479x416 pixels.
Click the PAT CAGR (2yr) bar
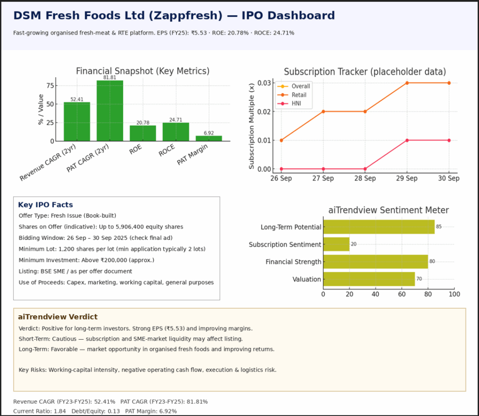(x=110, y=111)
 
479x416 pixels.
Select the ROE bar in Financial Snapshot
(x=143, y=133)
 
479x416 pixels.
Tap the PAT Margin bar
(x=209, y=138)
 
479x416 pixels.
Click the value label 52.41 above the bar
(x=77, y=99)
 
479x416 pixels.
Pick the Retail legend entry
(x=299, y=95)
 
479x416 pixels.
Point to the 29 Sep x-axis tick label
(x=406, y=178)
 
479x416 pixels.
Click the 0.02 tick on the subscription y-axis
(x=264, y=111)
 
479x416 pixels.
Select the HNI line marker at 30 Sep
(x=449, y=140)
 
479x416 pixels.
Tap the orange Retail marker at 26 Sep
(x=281, y=140)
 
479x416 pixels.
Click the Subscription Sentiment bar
(x=336, y=244)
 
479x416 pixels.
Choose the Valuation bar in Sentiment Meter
(x=369, y=279)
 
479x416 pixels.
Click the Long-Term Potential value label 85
(x=439, y=227)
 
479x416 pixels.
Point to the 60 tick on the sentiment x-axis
(x=401, y=294)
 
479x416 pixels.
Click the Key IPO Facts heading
(x=45, y=205)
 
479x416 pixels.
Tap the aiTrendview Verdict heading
(x=58, y=317)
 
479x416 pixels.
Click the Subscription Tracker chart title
(x=365, y=72)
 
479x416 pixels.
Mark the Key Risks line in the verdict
(x=147, y=370)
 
